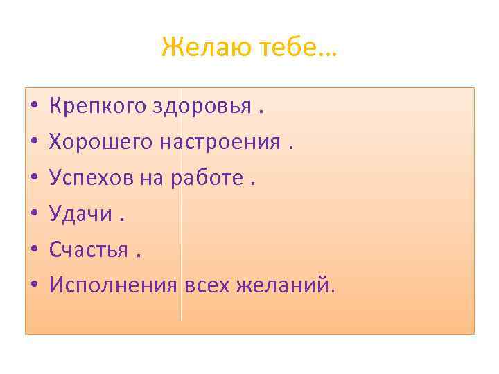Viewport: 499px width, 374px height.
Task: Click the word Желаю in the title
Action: tap(197, 48)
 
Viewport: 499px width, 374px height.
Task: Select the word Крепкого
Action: tap(97, 107)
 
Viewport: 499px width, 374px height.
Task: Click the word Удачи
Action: tap(80, 214)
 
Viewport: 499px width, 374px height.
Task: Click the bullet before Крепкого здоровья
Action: tap(33, 108)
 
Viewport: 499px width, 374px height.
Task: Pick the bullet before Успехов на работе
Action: tap(33, 179)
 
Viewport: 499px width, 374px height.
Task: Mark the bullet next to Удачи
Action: tap(33, 215)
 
